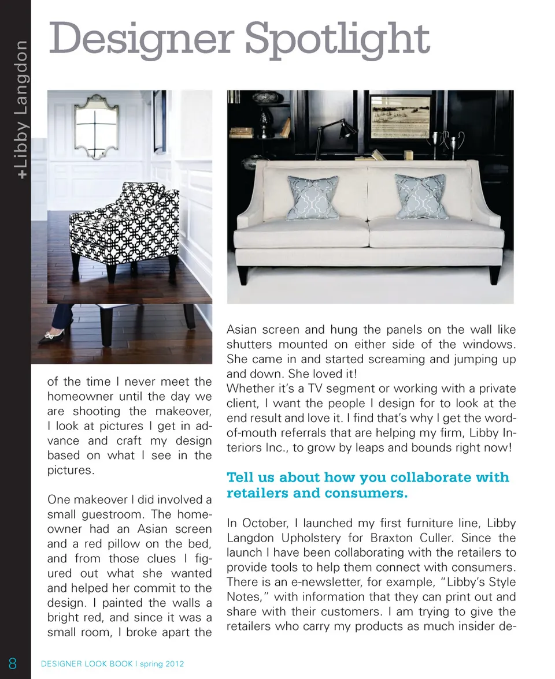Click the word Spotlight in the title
(x=337, y=39)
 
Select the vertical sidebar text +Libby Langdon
(x=21, y=109)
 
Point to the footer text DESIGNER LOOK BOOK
(x=87, y=664)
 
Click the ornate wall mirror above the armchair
(x=97, y=126)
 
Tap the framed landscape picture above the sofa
(x=401, y=117)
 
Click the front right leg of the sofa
(x=494, y=274)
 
